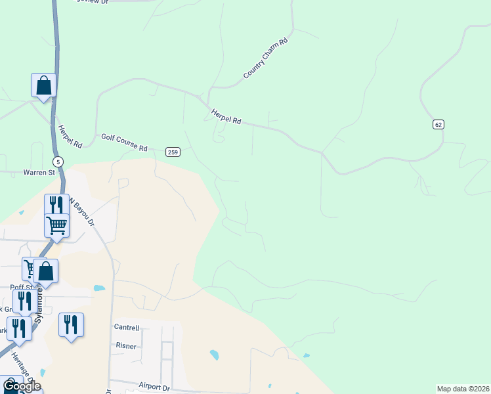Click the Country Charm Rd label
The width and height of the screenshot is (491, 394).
point(266,58)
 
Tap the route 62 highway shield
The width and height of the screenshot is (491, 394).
point(438,124)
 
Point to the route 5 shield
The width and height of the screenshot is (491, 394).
point(58,162)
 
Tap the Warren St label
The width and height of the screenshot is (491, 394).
point(39,172)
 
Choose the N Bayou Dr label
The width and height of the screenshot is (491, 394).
point(83,213)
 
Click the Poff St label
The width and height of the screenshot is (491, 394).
point(22,287)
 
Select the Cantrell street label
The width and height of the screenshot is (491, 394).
point(127,327)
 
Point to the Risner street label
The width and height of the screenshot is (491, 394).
point(125,346)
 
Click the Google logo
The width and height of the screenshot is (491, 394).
point(22,385)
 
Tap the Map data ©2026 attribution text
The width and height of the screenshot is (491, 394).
point(463,389)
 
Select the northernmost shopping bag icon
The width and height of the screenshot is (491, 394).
point(43,85)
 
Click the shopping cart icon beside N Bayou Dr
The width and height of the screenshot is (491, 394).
point(57,225)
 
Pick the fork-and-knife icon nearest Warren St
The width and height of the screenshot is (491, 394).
point(57,204)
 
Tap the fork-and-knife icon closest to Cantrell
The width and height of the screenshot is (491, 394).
point(71,324)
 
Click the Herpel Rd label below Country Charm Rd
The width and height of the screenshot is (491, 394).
point(226,117)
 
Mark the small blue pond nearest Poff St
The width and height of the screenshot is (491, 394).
point(99,288)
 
